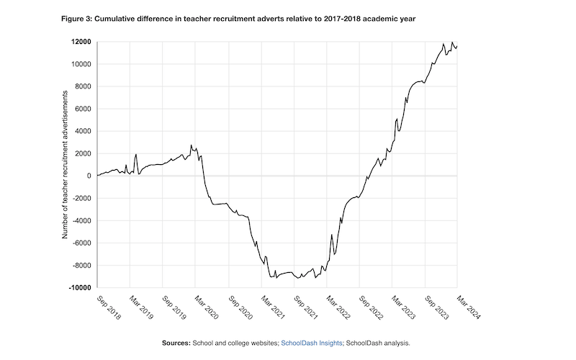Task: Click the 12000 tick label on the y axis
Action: point(80,42)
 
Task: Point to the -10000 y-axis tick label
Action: point(78,287)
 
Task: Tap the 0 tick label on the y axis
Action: point(88,176)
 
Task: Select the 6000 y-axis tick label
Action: point(81,109)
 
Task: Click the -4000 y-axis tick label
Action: point(80,220)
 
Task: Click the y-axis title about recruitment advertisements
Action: point(66,164)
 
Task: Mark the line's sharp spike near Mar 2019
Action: point(136,154)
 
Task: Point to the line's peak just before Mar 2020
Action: point(191,145)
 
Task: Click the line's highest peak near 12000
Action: point(452,42)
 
